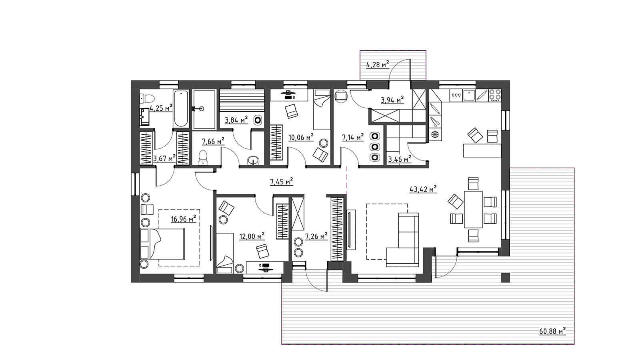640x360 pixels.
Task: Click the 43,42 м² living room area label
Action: click(x=423, y=189)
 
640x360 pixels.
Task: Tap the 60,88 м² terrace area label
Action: click(x=552, y=331)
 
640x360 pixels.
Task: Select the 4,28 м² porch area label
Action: click(x=378, y=64)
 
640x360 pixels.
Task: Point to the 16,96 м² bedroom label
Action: click(x=184, y=219)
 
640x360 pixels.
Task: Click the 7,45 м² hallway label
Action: click(x=282, y=182)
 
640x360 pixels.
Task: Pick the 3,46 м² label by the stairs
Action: click(x=400, y=159)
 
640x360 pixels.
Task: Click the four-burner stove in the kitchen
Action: click(x=495, y=96)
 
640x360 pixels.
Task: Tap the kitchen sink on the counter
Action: click(x=469, y=96)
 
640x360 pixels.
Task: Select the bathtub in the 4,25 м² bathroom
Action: click(x=181, y=108)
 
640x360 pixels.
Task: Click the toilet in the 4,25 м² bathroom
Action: click(x=147, y=99)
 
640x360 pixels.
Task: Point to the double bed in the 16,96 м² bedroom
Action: click(x=162, y=244)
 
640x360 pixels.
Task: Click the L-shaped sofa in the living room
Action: click(x=403, y=240)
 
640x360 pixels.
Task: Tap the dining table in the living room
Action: click(x=474, y=210)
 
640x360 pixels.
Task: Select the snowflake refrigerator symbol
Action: click(x=435, y=134)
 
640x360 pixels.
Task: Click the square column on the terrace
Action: click(x=506, y=278)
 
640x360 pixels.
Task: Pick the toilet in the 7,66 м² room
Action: click(x=203, y=158)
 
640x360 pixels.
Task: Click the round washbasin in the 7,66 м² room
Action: click(x=253, y=160)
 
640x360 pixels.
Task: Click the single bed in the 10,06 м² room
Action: click(x=322, y=110)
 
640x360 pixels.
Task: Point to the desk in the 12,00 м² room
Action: click(x=265, y=268)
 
